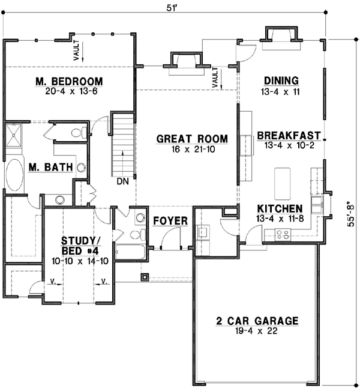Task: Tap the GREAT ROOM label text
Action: point(192,139)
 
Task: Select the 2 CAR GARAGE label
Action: point(257,321)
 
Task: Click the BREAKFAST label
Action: point(289,136)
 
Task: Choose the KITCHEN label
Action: point(280,208)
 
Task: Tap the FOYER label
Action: point(170,221)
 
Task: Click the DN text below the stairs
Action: point(122,180)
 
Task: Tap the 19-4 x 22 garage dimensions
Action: point(257,331)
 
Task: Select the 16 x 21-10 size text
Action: point(192,149)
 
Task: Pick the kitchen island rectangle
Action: point(283,183)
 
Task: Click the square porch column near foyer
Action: point(144,277)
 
